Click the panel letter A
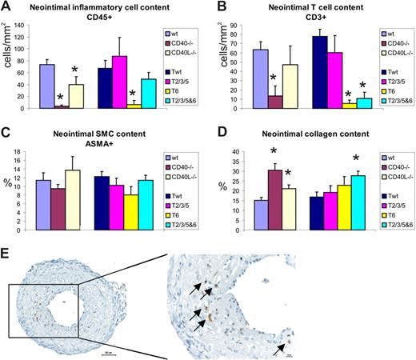coord(7,7)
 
